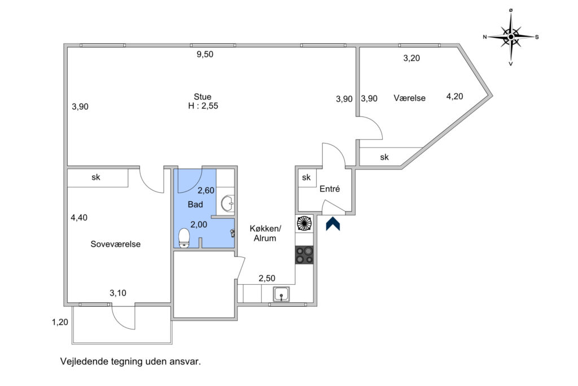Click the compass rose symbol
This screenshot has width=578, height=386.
click(511, 37)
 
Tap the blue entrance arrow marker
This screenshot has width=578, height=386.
click(333, 224)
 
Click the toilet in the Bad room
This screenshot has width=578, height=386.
click(184, 238)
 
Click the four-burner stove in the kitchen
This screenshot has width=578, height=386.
click(304, 255)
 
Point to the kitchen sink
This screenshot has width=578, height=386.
click(281, 294)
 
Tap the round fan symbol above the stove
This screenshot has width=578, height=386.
click(304, 224)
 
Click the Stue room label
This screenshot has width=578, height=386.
click(203, 97)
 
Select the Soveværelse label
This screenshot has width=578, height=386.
click(115, 244)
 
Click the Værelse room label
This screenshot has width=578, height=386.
click(410, 98)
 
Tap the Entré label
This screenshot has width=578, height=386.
click(330, 189)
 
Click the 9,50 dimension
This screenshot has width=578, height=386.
click(205, 54)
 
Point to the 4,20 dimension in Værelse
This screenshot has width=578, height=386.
click(454, 96)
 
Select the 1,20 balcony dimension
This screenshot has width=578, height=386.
click(60, 322)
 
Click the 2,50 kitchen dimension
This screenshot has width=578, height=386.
click(267, 278)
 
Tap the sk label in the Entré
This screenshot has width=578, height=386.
click(306, 177)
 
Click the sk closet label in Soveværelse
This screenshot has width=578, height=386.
click(96, 177)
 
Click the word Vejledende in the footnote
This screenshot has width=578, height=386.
click(85, 361)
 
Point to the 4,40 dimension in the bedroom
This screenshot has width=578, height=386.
click(79, 218)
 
